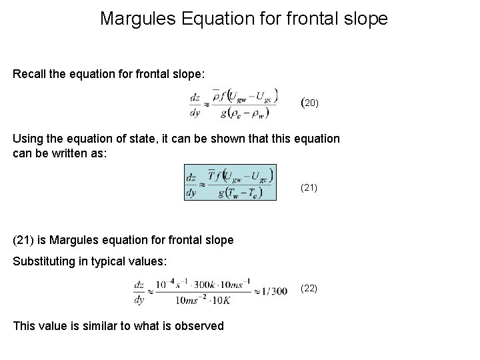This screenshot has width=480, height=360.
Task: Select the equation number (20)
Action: [x=311, y=103]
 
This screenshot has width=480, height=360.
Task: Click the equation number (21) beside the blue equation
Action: [x=309, y=188]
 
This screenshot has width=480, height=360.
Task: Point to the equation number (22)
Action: [x=309, y=289]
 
